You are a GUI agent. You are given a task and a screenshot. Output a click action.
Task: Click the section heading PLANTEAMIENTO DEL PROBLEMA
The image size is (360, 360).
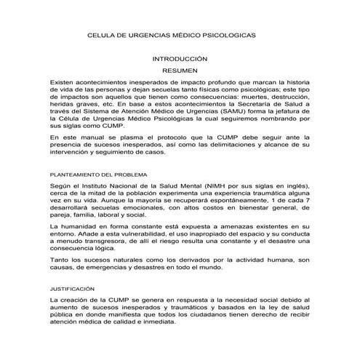point(97,175)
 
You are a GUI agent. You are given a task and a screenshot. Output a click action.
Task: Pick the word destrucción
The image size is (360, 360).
point(285,95)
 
